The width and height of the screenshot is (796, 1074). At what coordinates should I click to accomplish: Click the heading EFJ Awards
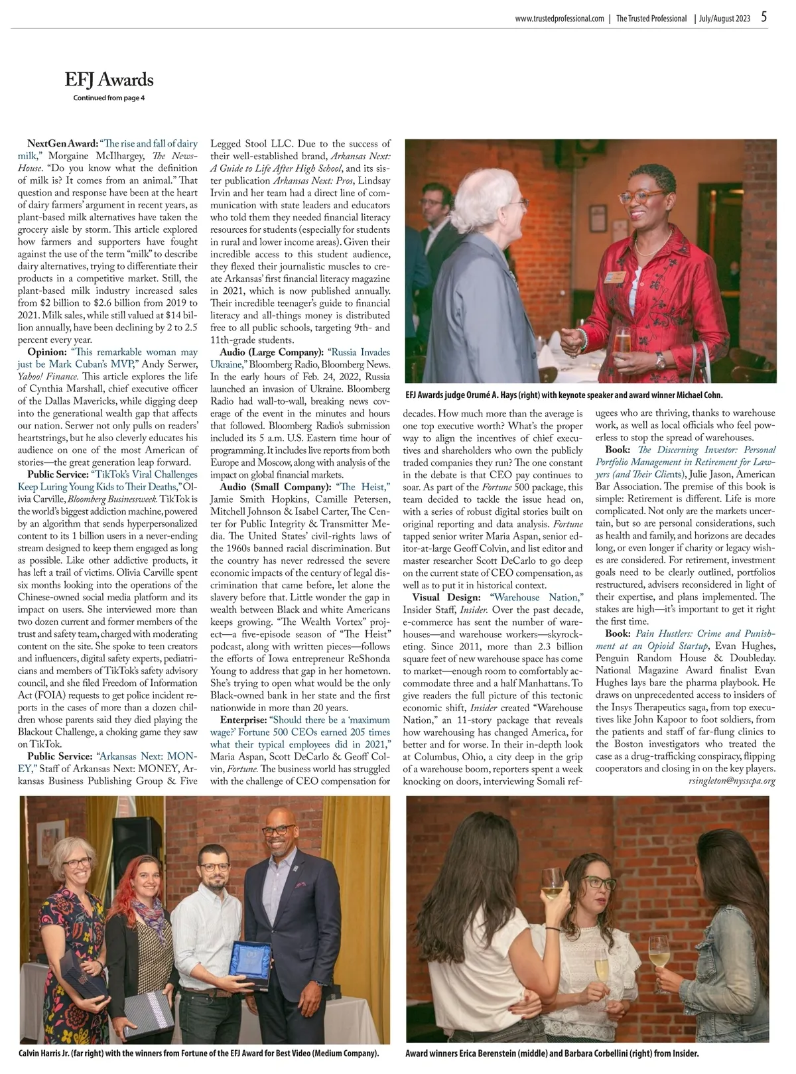click(109, 80)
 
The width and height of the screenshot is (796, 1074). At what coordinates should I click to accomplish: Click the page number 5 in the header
click(764, 18)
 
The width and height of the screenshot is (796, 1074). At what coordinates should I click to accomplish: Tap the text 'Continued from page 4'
click(108, 98)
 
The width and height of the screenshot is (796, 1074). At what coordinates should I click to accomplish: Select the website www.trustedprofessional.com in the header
click(559, 19)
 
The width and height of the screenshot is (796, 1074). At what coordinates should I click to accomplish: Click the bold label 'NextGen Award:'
click(63, 143)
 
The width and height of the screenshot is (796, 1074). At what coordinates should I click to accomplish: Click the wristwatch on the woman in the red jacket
click(660, 360)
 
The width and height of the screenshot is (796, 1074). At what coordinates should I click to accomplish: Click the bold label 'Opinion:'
click(47, 352)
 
